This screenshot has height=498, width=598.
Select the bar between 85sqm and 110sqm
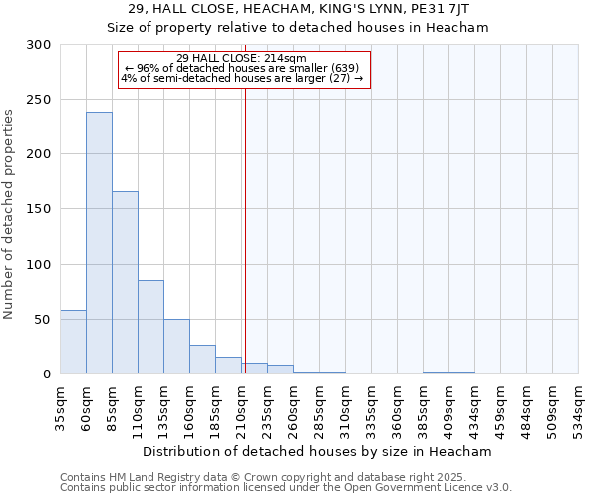pyautogui.click(x=125, y=282)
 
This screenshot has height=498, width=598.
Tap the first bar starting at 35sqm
pyautogui.click(x=73, y=342)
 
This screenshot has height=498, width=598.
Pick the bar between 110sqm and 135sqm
pyautogui.click(x=150, y=327)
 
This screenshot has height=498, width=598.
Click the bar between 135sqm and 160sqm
pyautogui.click(x=176, y=346)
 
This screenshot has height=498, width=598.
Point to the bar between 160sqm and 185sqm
pyautogui.click(x=202, y=359)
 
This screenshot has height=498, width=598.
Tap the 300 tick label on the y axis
pyautogui.click(x=39, y=45)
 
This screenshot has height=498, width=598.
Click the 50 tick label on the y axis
pyautogui.click(x=43, y=320)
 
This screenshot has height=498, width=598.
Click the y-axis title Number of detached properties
pyautogui.click(x=9, y=214)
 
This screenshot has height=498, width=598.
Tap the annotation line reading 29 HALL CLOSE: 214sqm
pyautogui.click(x=241, y=58)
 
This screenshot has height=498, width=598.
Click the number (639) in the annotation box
pyautogui.click(x=330, y=68)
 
